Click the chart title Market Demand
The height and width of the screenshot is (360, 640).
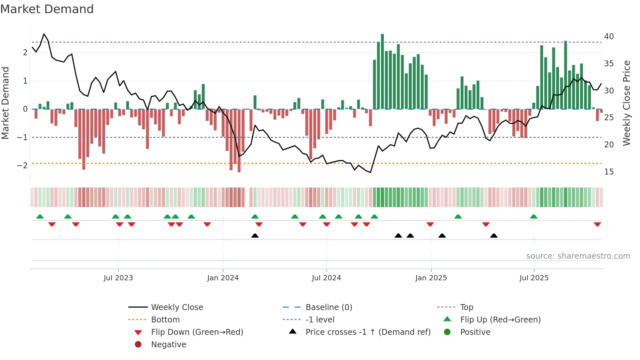[47, 9]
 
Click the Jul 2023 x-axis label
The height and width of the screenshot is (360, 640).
[118, 278]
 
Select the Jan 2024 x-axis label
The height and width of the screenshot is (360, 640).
[223, 278]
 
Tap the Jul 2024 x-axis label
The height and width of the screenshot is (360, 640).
[326, 278]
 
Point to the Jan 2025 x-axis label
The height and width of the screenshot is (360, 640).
[431, 278]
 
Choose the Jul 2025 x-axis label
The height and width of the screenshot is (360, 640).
[534, 278]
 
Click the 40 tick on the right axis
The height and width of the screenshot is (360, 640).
[609, 37]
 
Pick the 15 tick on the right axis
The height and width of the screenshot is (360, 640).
[609, 172]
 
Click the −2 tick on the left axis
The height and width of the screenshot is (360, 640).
[22, 166]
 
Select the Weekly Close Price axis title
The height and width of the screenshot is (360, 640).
[626, 103]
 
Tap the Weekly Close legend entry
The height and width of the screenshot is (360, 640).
[177, 307]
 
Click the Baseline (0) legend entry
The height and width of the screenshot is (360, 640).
[328, 307]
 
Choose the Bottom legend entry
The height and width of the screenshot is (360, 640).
[165, 320]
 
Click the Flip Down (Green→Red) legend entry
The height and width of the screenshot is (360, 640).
[197, 332]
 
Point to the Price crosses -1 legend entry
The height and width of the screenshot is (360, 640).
[368, 332]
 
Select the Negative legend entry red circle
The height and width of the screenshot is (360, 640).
[138, 345]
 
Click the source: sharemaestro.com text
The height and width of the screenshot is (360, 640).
[578, 256]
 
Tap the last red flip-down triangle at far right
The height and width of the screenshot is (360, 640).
[597, 224]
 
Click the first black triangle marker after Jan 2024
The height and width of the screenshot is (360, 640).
[255, 236]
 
